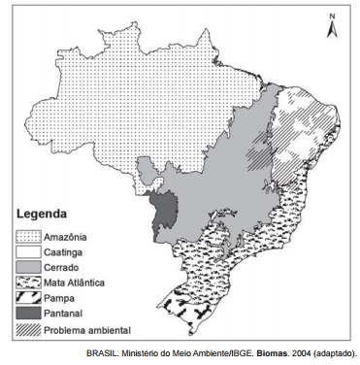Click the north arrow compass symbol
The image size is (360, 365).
pyautogui.click(x=333, y=26)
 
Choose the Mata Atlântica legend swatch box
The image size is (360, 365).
pyautogui.click(x=28, y=282)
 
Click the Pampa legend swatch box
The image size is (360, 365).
pyautogui.click(x=28, y=298)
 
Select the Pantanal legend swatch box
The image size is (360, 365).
pyautogui.click(x=28, y=314)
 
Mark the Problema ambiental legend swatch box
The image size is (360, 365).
pyautogui.click(x=28, y=329)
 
